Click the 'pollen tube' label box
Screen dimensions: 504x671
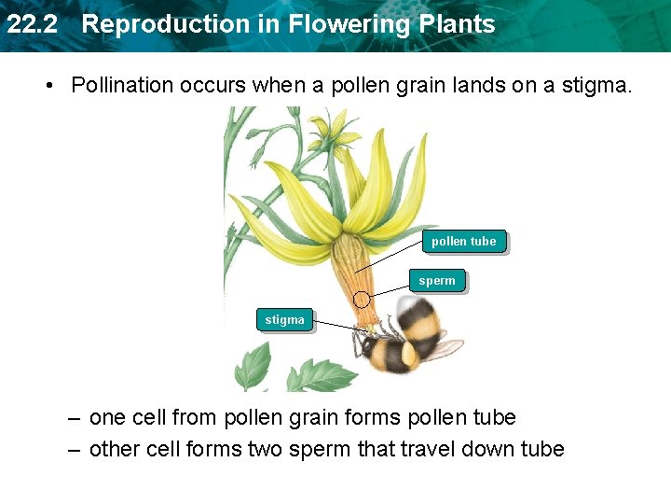[x=464, y=242]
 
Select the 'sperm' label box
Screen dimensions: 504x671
[x=437, y=281]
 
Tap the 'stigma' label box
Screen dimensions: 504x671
[x=284, y=320]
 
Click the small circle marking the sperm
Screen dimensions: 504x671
[x=363, y=300]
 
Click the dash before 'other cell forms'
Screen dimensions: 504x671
[x=73, y=449]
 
